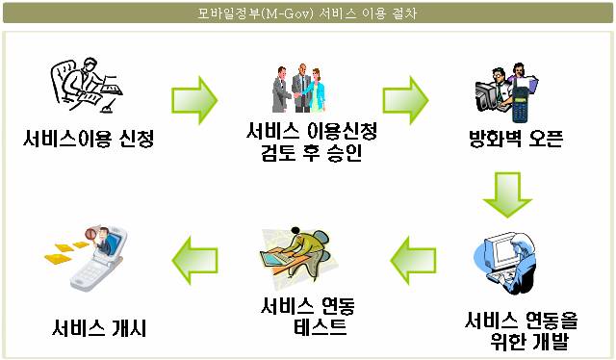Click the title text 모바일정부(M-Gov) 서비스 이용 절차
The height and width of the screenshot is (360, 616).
(307, 13)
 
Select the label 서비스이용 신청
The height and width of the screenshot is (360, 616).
(89, 138)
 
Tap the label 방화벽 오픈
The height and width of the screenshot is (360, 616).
(516, 138)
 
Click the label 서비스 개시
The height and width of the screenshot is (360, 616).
(99, 328)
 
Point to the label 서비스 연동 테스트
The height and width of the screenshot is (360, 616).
(308, 316)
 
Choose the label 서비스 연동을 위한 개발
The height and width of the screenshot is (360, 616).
(521, 330)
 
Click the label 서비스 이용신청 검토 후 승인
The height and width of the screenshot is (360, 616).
(312, 141)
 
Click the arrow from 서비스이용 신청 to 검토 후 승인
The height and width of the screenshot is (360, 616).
(194, 100)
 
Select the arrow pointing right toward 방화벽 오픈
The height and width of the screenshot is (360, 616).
(405, 100)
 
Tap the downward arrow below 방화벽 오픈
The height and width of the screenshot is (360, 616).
(507, 194)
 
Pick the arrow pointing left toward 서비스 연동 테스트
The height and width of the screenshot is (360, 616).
(413, 261)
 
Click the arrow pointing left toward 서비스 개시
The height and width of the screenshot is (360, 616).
(194, 261)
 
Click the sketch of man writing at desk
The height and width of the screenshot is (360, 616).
(87, 86)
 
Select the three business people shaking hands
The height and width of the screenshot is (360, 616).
(299, 88)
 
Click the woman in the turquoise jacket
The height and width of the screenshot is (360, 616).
(316, 90)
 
